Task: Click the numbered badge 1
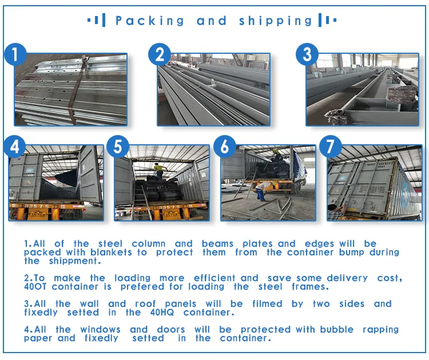(x=16, y=56)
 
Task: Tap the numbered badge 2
(x=160, y=56)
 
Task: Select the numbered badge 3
(x=307, y=55)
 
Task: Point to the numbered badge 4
(x=14, y=147)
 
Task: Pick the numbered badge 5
(x=118, y=147)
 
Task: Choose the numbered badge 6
(x=225, y=147)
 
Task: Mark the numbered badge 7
(x=330, y=147)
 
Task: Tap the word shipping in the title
(x=276, y=21)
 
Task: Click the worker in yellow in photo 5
(x=160, y=169)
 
